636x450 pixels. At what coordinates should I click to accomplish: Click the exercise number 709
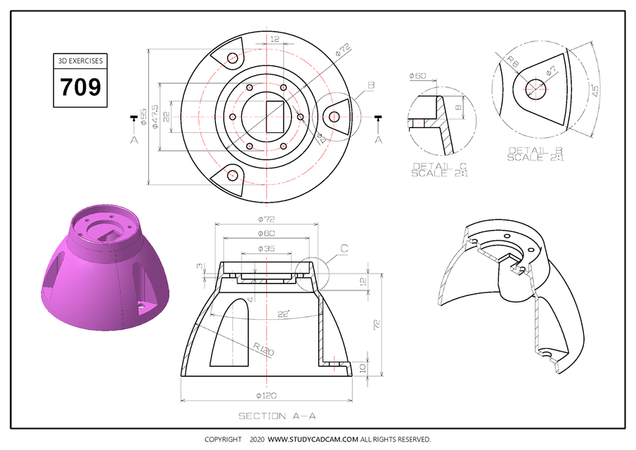tap(80, 87)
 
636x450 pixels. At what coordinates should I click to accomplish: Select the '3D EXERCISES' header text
tap(80, 61)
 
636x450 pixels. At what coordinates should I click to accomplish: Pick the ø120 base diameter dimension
tap(266, 395)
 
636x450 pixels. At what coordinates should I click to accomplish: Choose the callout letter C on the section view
tap(344, 248)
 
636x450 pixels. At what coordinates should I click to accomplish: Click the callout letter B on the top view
tap(371, 85)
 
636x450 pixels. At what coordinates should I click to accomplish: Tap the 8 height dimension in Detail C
tap(457, 108)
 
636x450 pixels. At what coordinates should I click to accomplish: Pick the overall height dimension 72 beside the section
tap(375, 323)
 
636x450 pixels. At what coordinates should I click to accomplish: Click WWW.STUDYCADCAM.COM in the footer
tap(313, 439)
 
